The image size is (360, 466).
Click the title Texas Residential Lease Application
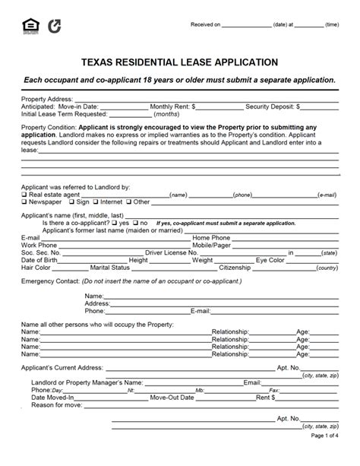[x=179, y=62]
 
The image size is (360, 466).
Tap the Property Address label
[x=47, y=99]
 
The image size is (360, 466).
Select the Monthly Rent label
[x=172, y=107]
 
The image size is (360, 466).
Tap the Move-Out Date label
[x=172, y=397]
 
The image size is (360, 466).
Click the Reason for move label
[x=56, y=404]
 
